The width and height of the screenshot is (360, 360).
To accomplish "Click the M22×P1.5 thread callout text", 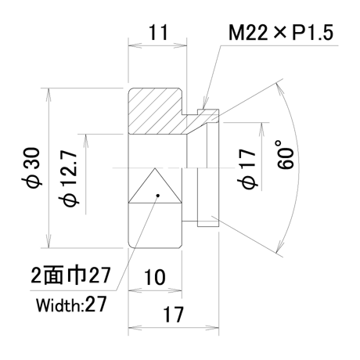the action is point(281,33).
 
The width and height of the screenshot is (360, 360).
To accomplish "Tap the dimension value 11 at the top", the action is point(158,32).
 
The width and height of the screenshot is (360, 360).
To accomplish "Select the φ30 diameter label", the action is point(31,168).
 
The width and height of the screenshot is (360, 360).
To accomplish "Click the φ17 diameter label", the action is point(247,169).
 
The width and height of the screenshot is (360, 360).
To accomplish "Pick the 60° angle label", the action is point(285,154).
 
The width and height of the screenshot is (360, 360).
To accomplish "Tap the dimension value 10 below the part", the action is point(154,277).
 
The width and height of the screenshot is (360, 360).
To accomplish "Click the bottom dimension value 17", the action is point(173,315).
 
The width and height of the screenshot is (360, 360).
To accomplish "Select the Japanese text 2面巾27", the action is point(70,275).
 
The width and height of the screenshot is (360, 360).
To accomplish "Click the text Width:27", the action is point(71,304).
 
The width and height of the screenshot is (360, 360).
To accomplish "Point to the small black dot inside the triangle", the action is point(157,196).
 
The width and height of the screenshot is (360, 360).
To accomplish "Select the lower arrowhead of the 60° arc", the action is point(279,245).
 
